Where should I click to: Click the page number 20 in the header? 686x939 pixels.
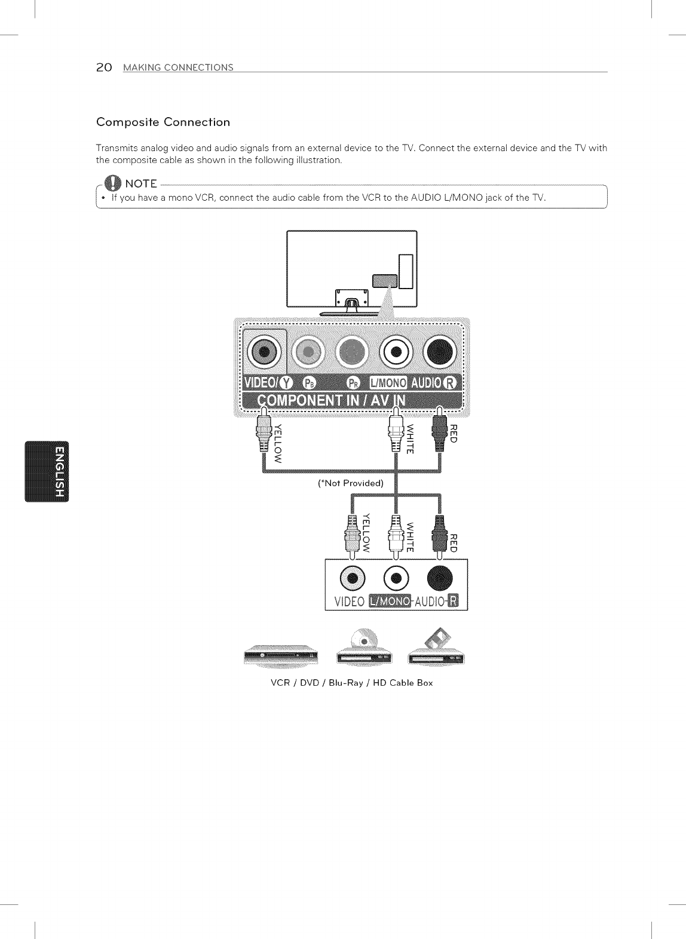[x=103, y=67]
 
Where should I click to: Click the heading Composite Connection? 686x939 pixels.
[x=163, y=122]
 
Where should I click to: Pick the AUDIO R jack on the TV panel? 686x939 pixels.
[x=440, y=352]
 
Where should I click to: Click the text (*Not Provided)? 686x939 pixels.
[x=350, y=483]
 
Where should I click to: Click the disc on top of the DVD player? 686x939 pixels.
[x=363, y=639]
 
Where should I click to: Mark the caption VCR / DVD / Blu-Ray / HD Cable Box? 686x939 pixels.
[x=351, y=683]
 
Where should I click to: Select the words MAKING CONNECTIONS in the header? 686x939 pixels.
[x=178, y=67]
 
